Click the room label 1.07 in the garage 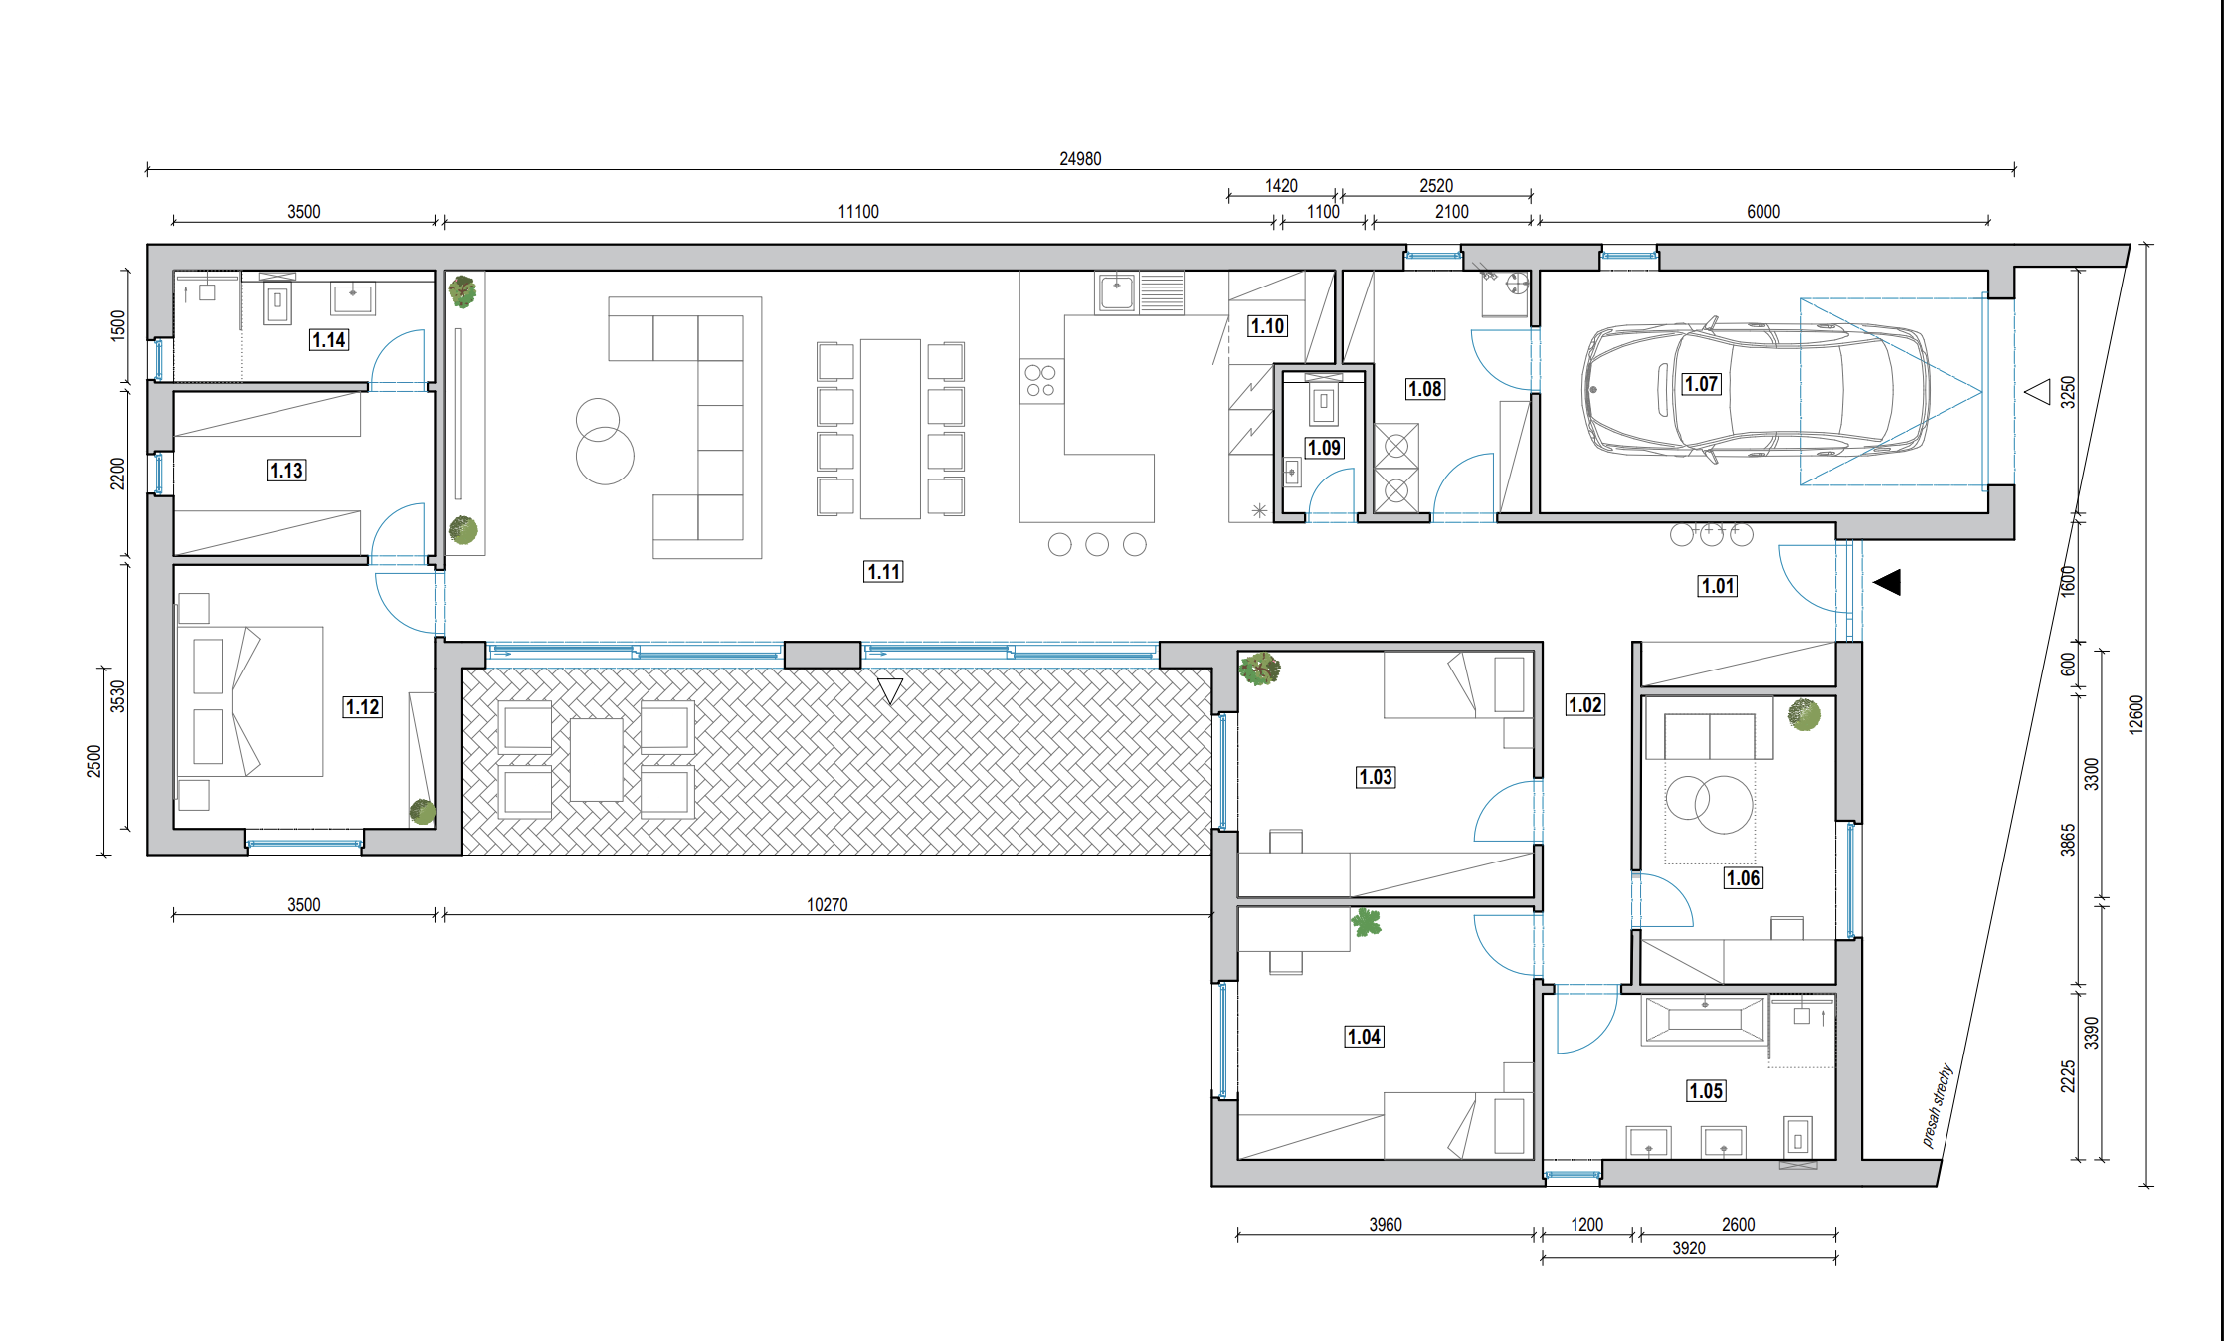click(x=1701, y=384)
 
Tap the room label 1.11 click(x=883, y=572)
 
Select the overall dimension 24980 click(x=1080, y=159)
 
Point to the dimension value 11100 click(x=858, y=212)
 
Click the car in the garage click(x=1757, y=389)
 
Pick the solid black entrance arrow click(x=1887, y=582)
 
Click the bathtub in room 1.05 click(x=1705, y=1020)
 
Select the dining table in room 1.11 click(x=890, y=429)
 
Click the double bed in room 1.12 click(x=250, y=701)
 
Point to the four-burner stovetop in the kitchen click(x=1041, y=381)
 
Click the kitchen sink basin click(x=1117, y=292)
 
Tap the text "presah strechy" click(x=1937, y=1105)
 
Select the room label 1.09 click(x=1324, y=448)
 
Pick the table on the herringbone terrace click(x=597, y=759)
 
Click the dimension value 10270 click(x=828, y=905)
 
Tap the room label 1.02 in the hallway click(x=1585, y=705)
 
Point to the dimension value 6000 click(x=1763, y=212)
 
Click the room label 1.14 click(x=329, y=340)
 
